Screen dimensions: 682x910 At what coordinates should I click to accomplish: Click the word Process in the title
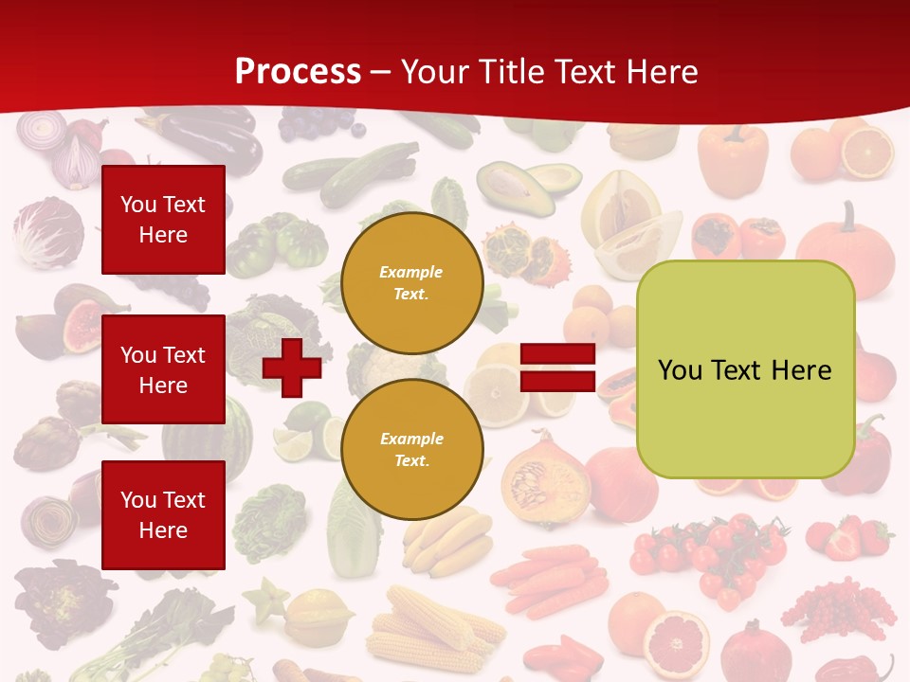pyautogui.click(x=298, y=72)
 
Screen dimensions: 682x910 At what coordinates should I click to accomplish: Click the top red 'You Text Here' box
pyautogui.click(x=163, y=220)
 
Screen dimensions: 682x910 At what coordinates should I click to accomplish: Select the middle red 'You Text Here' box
pyautogui.click(x=163, y=369)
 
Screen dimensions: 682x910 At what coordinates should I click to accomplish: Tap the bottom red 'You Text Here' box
pyautogui.click(x=163, y=514)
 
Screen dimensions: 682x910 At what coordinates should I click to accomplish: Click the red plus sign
pyautogui.click(x=291, y=368)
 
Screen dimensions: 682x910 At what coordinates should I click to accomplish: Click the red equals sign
pyautogui.click(x=557, y=368)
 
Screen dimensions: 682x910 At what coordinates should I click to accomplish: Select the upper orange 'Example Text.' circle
pyautogui.click(x=411, y=283)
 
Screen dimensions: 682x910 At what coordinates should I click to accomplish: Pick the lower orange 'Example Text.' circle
pyautogui.click(x=411, y=449)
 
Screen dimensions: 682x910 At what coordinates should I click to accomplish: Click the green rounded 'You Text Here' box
pyautogui.click(x=745, y=369)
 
